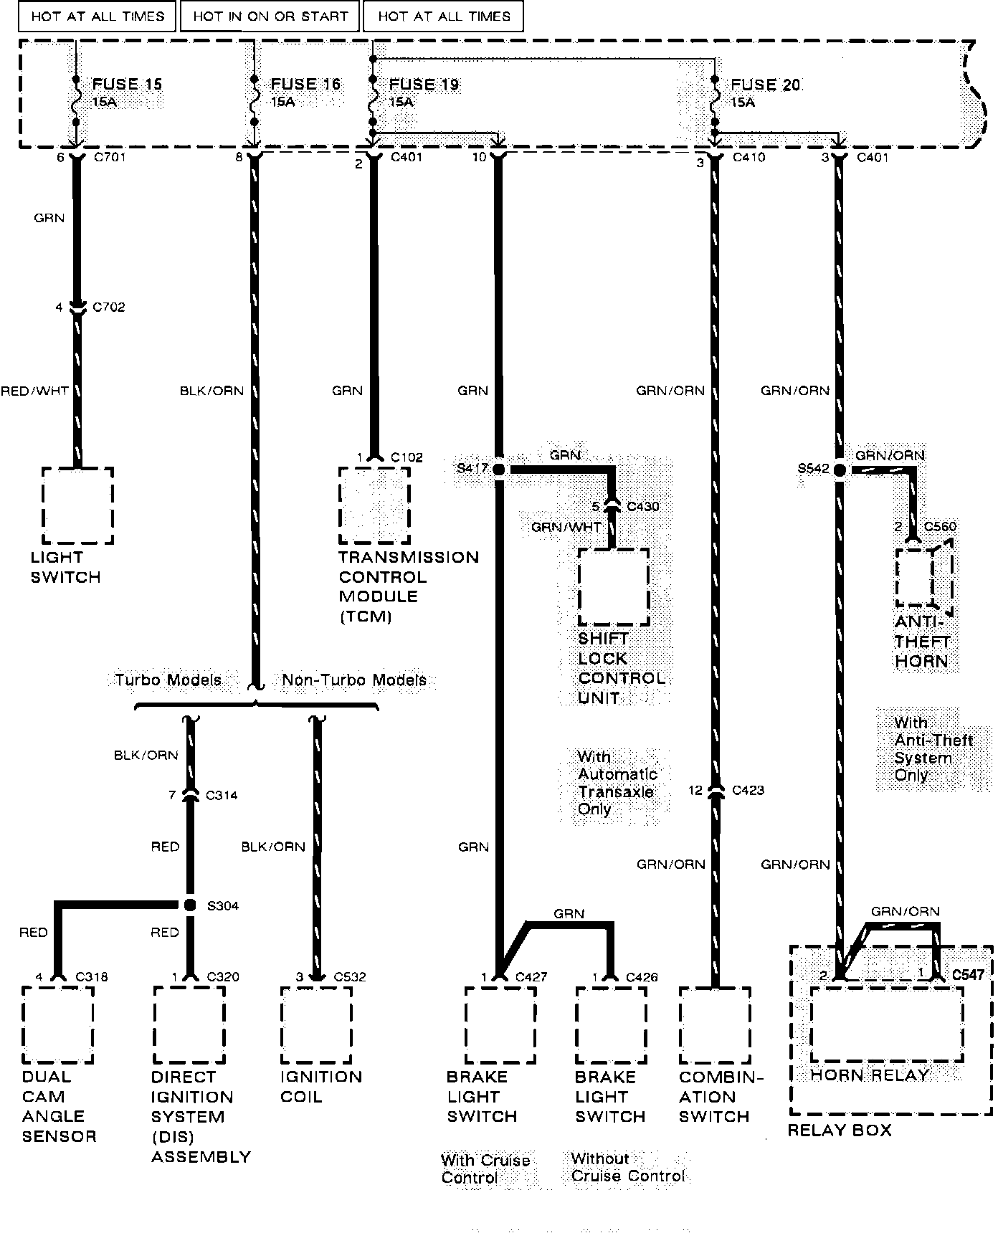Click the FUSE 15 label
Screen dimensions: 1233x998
[127, 85]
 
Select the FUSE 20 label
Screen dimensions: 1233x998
[765, 85]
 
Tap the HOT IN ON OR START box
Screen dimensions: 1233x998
[270, 16]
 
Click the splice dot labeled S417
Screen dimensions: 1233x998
[498, 469]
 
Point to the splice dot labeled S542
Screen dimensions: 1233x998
[839, 470]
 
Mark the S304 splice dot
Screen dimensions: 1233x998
[190, 905]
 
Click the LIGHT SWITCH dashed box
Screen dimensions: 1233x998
[77, 505]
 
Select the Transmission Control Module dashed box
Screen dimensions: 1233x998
[374, 505]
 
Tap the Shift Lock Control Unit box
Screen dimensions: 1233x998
[614, 587]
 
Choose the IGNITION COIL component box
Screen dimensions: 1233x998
[316, 1025]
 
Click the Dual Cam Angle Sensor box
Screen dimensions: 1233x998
[58, 1025]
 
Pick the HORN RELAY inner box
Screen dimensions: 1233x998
[886, 1025]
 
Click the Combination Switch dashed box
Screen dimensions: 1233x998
[715, 1025]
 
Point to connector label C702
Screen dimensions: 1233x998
[109, 307]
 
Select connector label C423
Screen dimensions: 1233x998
[748, 790]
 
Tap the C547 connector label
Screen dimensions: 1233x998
[968, 975]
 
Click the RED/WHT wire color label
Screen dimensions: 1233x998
[34, 391]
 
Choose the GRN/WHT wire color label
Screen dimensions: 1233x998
[566, 528]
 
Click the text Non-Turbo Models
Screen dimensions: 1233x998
[354, 680]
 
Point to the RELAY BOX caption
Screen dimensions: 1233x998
[840, 1130]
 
